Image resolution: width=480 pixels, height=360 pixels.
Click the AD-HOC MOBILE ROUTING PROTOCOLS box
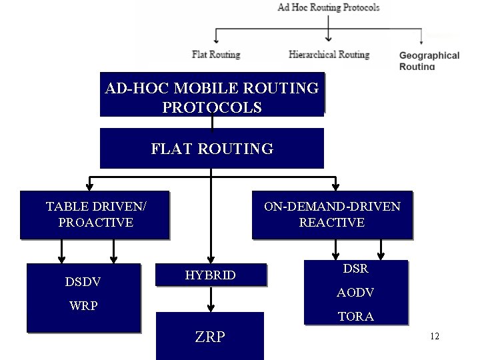pyautogui.click(x=212, y=95)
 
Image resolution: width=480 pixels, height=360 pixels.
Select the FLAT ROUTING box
pyautogui.click(x=212, y=148)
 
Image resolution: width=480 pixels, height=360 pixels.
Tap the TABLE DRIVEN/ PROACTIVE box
pyautogui.click(x=95, y=215)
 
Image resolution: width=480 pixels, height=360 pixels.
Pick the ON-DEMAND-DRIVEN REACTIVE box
pyautogui.click(x=332, y=215)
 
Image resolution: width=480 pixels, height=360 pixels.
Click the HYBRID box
pyautogui.click(x=211, y=275)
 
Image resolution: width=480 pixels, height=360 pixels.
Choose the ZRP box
pyautogui.click(x=210, y=337)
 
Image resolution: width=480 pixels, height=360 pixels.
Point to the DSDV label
pyautogui.click(x=83, y=282)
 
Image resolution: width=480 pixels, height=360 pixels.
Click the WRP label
pyautogui.click(x=84, y=306)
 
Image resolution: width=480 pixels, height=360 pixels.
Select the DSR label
pyautogui.click(x=355, y=269)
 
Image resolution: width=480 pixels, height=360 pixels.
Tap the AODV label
pyautogui.click(x=355, y=293)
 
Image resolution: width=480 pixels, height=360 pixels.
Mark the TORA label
pyautogui.click(x=355, y=317)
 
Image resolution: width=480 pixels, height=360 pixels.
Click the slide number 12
pyautogui.click(x=435, y=337)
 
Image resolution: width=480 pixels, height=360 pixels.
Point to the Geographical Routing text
pyautogui.click(x=429, y=61)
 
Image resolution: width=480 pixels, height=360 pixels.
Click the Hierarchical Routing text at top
pyautogui.click(x=329, y=55)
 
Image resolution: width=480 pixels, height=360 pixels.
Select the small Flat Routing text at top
pyautogui.click(x=216, y=55)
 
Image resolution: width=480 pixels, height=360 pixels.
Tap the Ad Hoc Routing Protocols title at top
pyautogui.click(x=329, y=8)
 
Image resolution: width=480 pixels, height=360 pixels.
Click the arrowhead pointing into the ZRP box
pyautogui.click(x=211, y=307)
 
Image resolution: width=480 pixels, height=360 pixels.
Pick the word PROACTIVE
pyautogui.click(x=95, y=223)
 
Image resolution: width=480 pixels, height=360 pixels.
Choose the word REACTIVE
pyautogui.click(x=332, y=223)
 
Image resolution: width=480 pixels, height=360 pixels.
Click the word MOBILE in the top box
pyautogui.click(x=209, y=88)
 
